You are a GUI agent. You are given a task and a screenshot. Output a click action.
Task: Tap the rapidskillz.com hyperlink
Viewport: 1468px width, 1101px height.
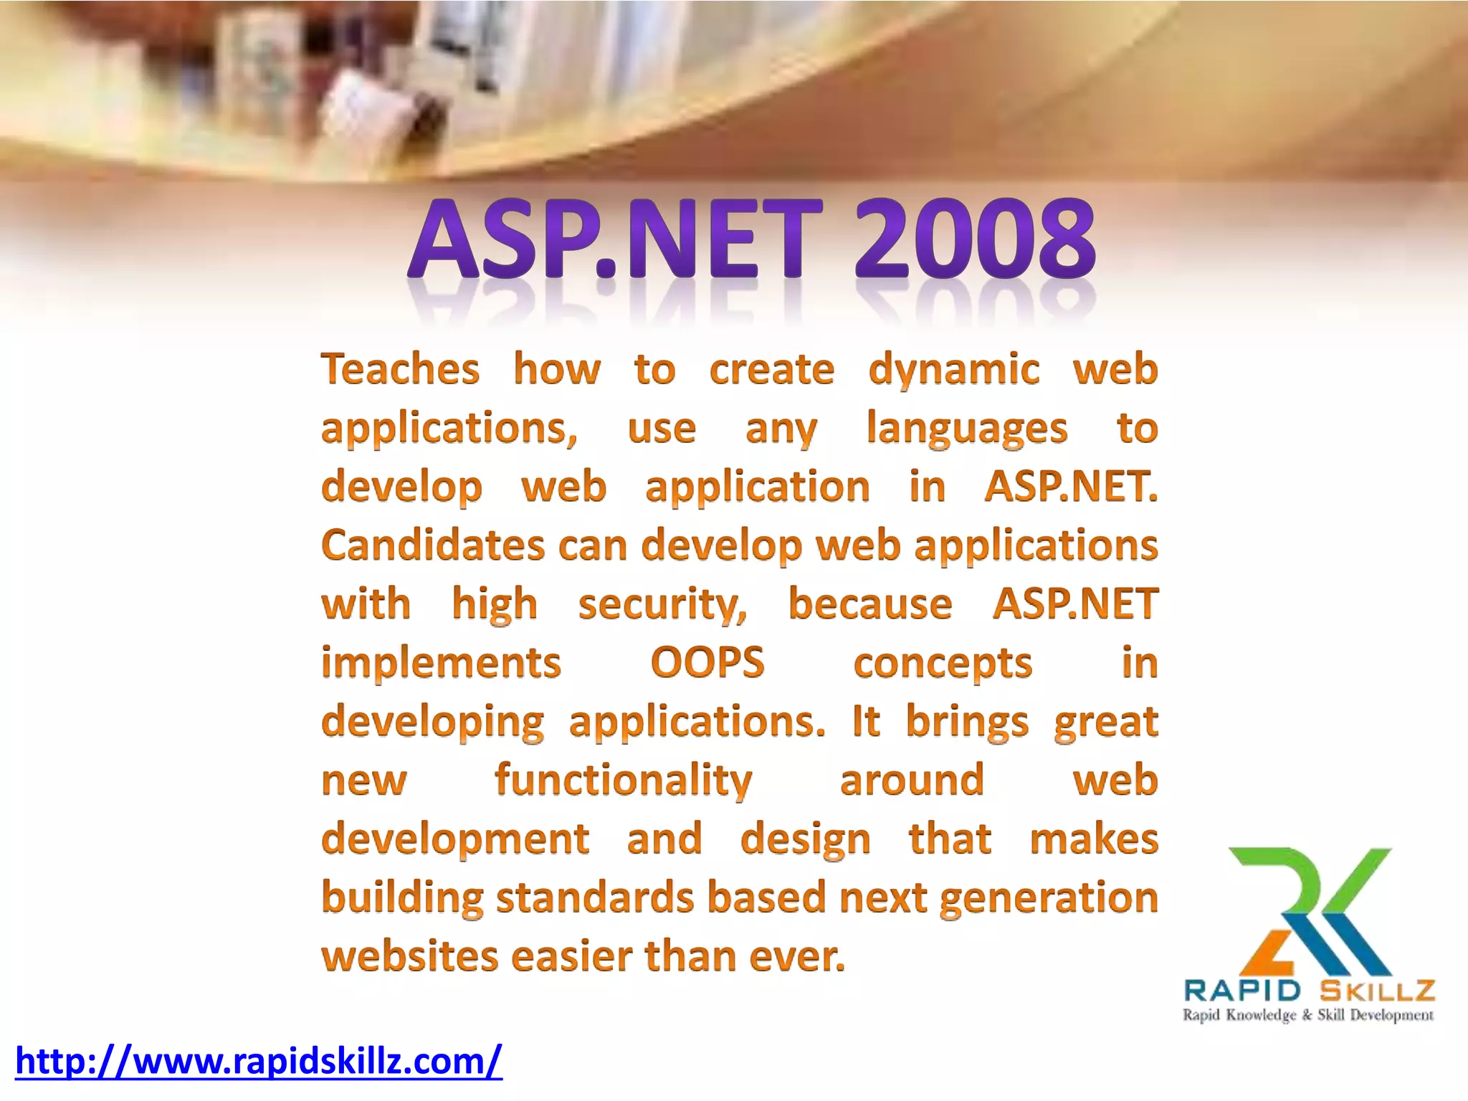[259, 1061]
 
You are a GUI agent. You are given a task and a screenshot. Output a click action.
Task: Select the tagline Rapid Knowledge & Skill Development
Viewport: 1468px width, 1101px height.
[1308, 1015]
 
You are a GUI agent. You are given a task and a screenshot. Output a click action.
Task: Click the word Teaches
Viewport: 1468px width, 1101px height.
[400, 370]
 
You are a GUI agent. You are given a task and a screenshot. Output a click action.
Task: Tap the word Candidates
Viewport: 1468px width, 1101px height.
[433, 545]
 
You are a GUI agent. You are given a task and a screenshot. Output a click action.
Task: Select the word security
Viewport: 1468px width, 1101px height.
[662, 604]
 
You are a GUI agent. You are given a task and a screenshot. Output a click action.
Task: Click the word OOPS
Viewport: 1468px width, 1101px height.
[707, 662]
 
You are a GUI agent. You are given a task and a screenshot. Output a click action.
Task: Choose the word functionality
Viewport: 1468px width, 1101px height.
[623, 781]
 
